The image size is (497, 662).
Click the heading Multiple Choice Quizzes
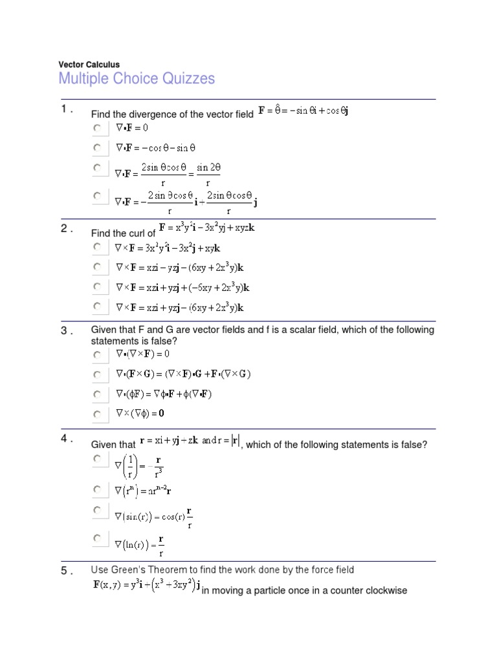[137, 79]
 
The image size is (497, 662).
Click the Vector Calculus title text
[89, 65]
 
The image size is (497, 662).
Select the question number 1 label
[67, 109]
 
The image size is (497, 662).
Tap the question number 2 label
[67, 228]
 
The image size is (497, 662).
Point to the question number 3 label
[67, 331]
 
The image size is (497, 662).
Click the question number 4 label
[67, 438]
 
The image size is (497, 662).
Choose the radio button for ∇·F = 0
[97, 129]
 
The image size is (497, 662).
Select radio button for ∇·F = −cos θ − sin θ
[97, 148]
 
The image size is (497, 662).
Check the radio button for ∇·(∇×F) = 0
[97, 355]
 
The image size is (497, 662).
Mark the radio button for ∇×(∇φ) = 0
[97, 414]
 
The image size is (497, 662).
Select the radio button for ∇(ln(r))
[97, 538]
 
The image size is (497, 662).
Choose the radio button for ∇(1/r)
[97, 458]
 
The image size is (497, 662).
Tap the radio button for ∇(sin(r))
[97, 511]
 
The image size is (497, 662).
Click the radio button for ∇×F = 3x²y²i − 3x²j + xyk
[97, 247]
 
